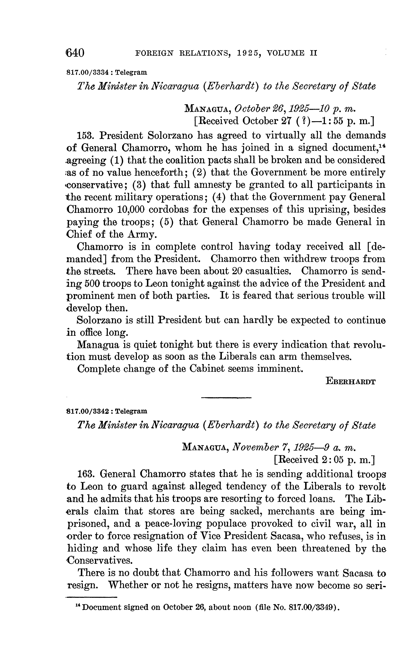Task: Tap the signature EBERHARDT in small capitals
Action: click(x=350, y=381)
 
